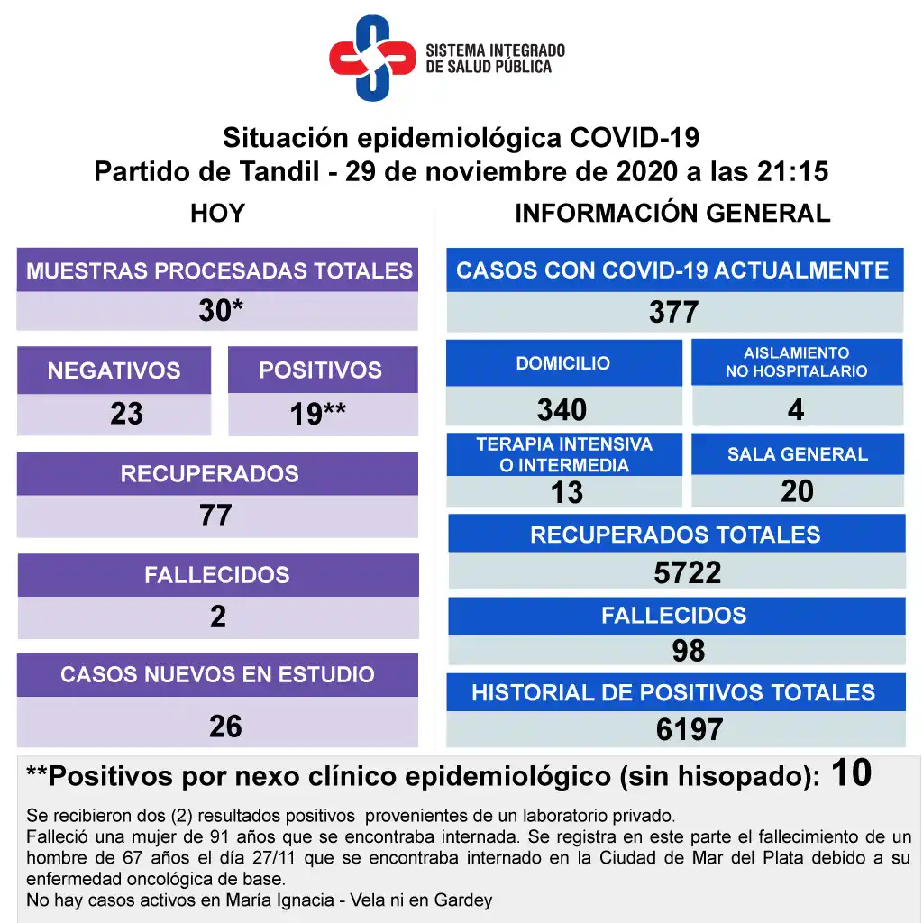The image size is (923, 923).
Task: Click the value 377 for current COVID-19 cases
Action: [x=673, y=312]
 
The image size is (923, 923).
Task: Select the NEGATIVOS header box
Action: [x=114, y=370]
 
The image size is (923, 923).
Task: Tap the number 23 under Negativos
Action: [x=126, y=414]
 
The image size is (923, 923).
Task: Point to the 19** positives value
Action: [x=318, y=414]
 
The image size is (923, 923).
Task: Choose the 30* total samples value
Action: [x=220, y=311]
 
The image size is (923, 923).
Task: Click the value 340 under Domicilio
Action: [x=562, y=409]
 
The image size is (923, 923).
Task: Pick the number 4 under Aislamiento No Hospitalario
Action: [x=795, y=409]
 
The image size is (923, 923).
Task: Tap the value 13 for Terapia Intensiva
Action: [x=566, y=492]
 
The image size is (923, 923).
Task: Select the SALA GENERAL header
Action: [x=798, y=454]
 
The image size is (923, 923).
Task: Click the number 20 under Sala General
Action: [x=798, y=491]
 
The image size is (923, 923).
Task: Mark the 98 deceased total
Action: [x=688, y=651]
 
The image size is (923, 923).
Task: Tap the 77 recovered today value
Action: [x=216, y=516]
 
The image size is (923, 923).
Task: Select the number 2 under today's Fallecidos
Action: [x=217, y=617]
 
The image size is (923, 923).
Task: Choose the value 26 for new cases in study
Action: [x=225, y=726]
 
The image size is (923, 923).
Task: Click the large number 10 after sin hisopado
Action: [x=852, y=773]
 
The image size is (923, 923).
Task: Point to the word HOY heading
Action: [x=217, y=214]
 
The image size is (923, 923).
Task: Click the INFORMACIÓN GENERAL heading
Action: [x=672, y=214]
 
